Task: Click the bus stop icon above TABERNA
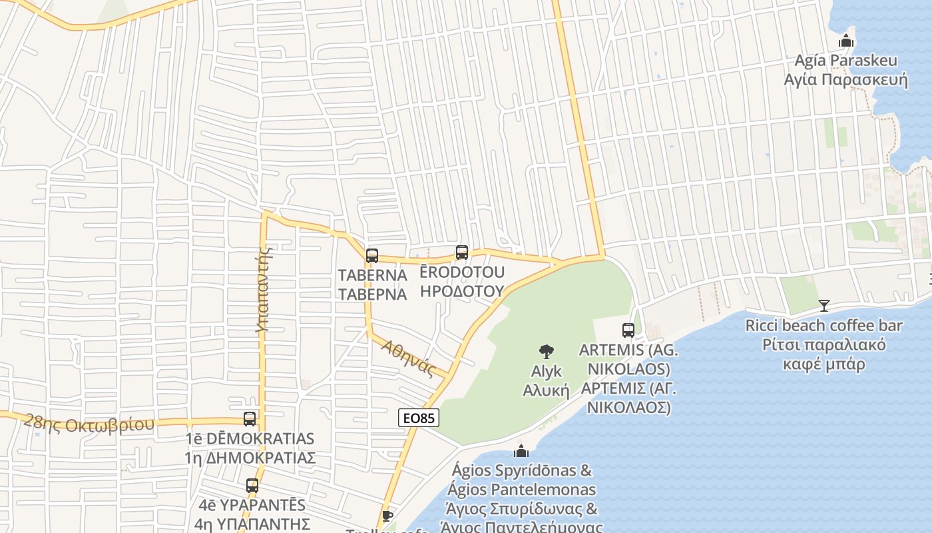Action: (x=372, y=255)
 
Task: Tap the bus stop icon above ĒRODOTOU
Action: (x=462, y=253)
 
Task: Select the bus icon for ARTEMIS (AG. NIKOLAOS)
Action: (x=628, y=330)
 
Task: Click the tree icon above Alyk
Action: (x=546, y=351)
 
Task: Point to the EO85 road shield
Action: (x=419, y=418)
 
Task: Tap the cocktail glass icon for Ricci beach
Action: (x=824, y=306)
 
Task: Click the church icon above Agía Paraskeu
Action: (x=846, y=41)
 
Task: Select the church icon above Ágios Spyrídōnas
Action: (x=521, y=451)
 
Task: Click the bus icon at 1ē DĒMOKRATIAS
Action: (x=250, y=419)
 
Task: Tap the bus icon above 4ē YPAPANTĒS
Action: (x=252, y=486)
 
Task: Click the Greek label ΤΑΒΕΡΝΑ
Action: (x=372, y=294)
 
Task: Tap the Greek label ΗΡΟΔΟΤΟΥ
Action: (x=462, y=290)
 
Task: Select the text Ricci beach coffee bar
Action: (x=824, y=326)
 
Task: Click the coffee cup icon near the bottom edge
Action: (x=387, y=516)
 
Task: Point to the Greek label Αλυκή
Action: (x=546, y=390)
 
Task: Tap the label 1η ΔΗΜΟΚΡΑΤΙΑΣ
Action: (x=250, y=458)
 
